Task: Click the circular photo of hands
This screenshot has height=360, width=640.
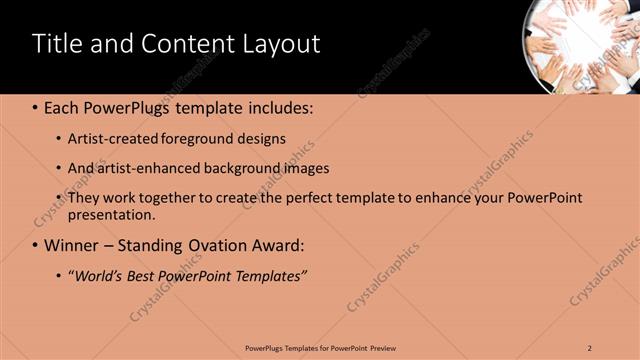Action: click(x=581, y=44)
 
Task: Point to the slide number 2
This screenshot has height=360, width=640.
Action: click(x=590, y=347)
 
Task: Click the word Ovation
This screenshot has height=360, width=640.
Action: click(x=220, y=245)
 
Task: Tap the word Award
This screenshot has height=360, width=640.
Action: click(x=280, y=245)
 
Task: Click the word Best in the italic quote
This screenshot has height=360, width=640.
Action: click(x=147, y=275)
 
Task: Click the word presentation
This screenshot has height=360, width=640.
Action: click(x=110, y=214)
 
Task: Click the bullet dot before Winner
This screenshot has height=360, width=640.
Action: click(x=35, y=245)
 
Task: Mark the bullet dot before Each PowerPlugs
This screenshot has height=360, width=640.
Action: click(x=35, y=106)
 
